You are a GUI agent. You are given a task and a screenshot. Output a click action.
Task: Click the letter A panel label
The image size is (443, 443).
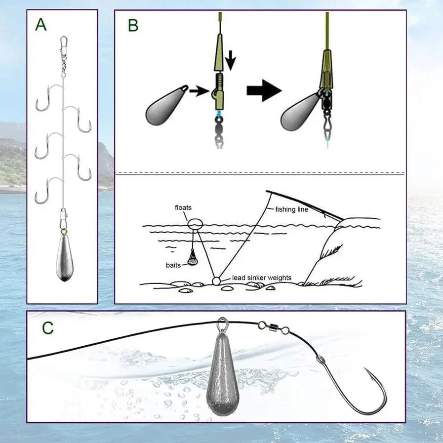point(41,24)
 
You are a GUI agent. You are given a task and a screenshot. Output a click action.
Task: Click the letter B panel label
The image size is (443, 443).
point(132,25)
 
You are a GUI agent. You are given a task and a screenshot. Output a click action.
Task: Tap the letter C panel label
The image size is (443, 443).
point(48,328)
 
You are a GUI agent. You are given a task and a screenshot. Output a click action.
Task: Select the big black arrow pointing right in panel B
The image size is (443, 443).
point(264,91)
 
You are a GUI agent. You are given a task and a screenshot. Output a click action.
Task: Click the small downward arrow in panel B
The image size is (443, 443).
point(231,60)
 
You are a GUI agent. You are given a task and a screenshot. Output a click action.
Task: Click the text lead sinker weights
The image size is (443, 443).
point(261,278)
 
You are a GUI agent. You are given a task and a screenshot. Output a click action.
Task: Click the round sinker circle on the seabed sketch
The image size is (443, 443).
point(216,281)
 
